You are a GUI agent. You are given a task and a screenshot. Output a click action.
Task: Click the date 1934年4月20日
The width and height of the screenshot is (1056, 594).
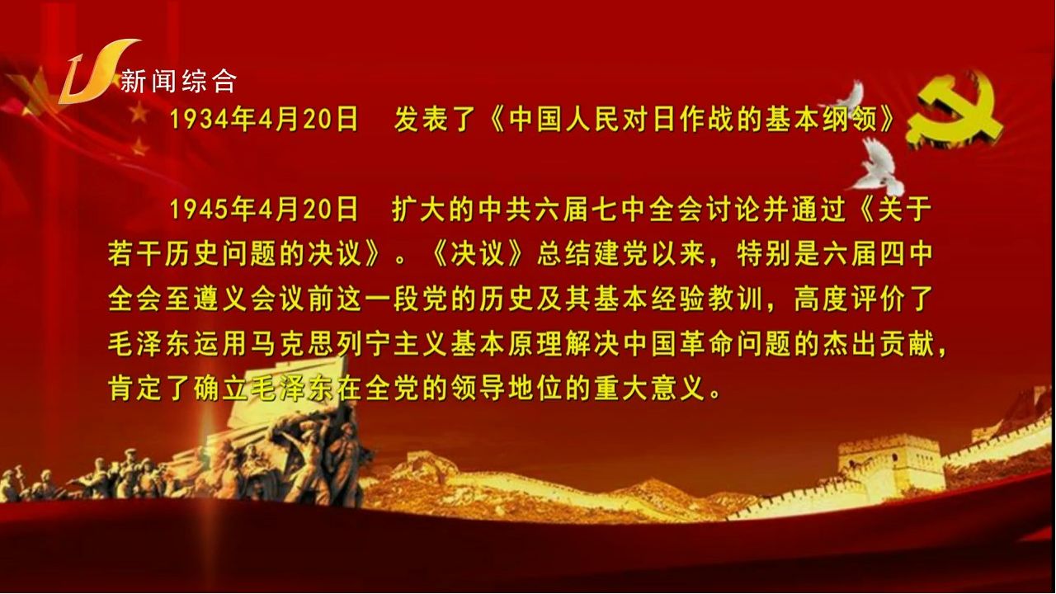[264, 120]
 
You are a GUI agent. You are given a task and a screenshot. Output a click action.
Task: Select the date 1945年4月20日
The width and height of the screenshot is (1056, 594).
[264, 210]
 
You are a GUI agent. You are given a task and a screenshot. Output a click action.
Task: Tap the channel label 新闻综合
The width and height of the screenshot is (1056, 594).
[178, 81]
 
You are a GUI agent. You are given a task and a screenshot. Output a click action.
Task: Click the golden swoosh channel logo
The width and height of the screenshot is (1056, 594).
[94, 71]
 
